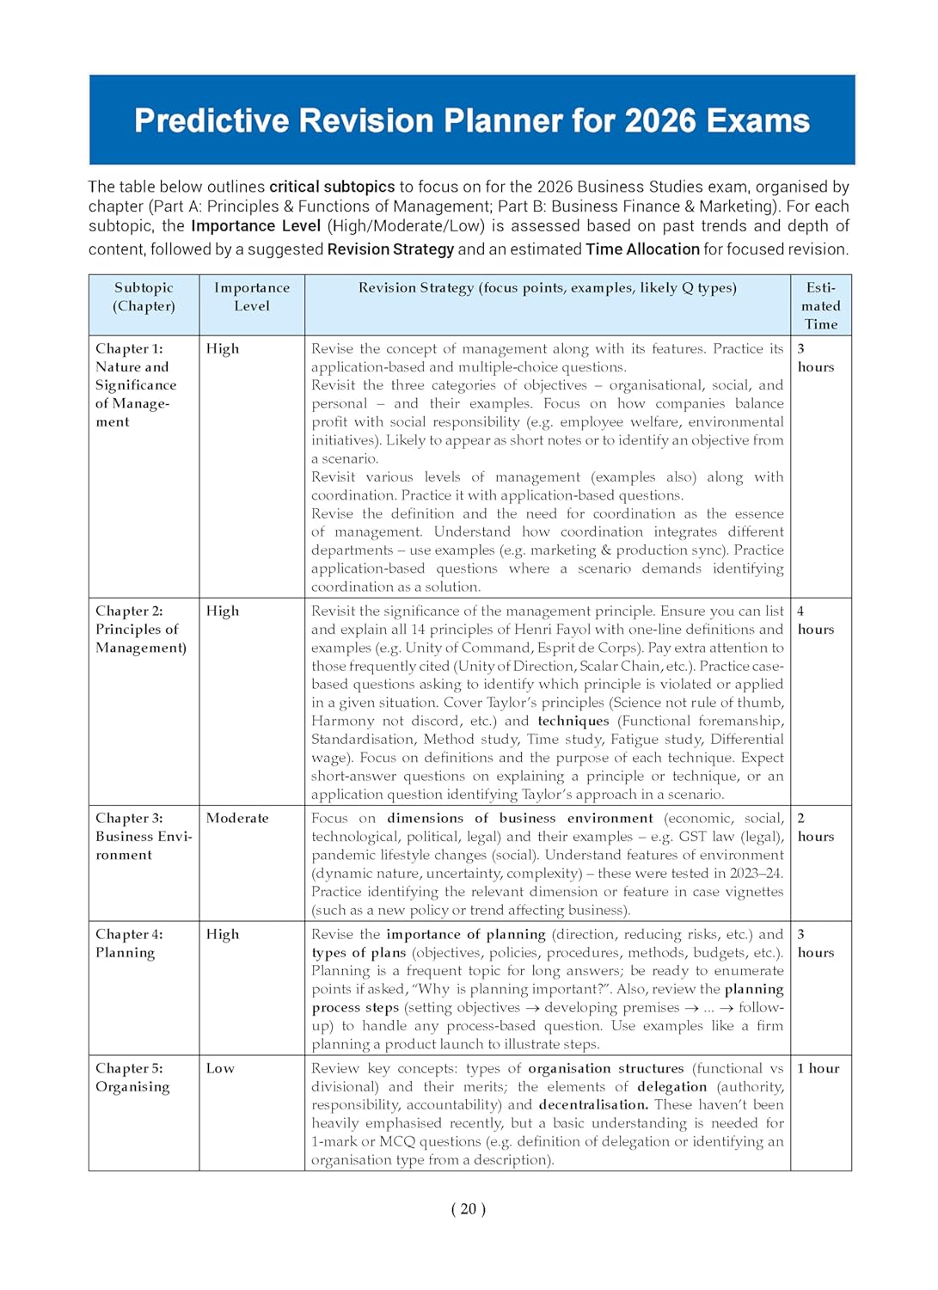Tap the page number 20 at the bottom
[x=468, y=1208]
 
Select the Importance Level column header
[x=252, y=297]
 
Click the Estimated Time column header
[x=821, y=305]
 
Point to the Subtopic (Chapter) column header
[x=144, y=297]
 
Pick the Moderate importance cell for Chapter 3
[x=237, y=818]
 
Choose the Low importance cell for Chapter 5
[x=220, y=1068]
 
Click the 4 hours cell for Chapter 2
[x=815, y=620]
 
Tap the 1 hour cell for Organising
[x=818, y=1068]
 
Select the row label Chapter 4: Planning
[x=129, y=943]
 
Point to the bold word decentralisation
[x=593, y=1104]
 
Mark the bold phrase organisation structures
[x=605, y=1068]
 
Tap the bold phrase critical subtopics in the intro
[x=332, y=187]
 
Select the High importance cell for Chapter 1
[x=223, y=348]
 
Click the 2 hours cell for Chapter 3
[x=815, y=827]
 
